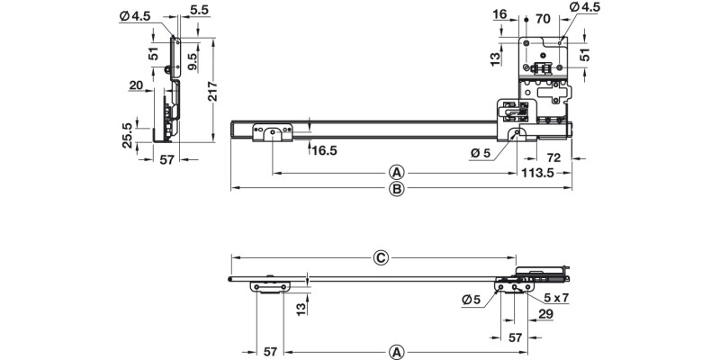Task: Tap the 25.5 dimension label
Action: click(x=128, y=135)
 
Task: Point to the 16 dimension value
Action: click(x=501, y=15)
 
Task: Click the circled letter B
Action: click(x=396, y=189)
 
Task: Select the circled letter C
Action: click(x=381, y=257)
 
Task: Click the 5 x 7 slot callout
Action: click(x=557, y=296)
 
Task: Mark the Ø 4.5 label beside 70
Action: click(x=584, y=8)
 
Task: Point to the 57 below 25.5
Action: click(x=166, y=162)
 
